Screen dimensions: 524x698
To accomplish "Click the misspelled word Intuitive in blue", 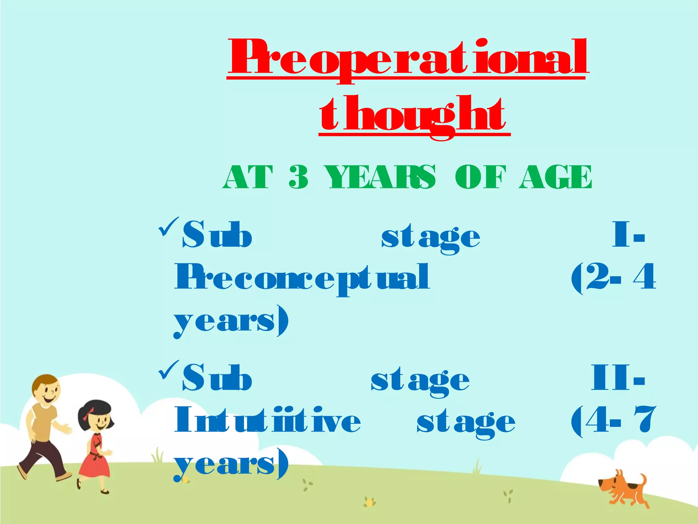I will pyautogui.click(x=268, y=420).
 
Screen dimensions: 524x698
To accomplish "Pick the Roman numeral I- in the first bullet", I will pyautogui.click(x=628, y=235).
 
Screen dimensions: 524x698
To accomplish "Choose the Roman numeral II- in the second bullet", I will pyautogui.click(x=618, y=378).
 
